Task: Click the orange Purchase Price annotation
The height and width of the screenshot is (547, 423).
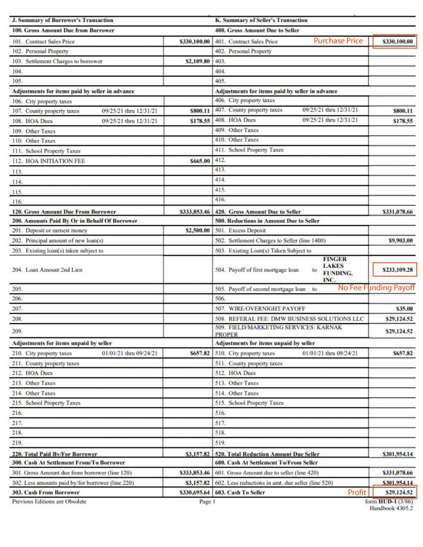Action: [x=338, y=41]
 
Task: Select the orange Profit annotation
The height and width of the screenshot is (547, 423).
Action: [x=356, y=492]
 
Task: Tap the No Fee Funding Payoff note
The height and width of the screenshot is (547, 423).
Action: [x=376, y=288]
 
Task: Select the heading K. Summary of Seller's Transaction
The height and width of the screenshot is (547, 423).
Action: [x=261, y=20]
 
